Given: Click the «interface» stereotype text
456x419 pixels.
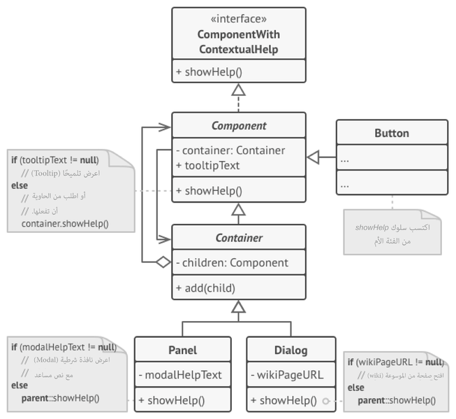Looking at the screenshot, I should pyautogui.click(x=238, y=19).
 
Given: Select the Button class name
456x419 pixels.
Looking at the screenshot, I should pyautogui.click(x=391, y=133).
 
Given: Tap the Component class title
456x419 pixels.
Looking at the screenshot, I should pyautogui.click(x=238, y=126).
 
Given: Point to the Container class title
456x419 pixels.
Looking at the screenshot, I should pyautogui.click(x=238, y=238).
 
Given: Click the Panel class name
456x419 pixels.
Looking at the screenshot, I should pyautogui.click(x=182, y=350).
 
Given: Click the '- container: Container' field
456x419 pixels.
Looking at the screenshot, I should pyautogui.click(x=230, y=150).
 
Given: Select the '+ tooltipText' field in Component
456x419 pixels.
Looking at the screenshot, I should pyautogui.click(x=208, y=165).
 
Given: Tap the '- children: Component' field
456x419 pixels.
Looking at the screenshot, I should pyautogui.click(x=232, y=263).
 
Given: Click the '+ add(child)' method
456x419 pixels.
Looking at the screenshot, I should pyautogui.click(x=205, y=287).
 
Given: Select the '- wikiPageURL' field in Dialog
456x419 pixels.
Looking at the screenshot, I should pyautogui.click(x=287, y=375).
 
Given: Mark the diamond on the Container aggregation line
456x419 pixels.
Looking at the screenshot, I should pyautogui.click(x=163, y=262).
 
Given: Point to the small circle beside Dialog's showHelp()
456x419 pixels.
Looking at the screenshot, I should pyautogui.click(x=325, y=402).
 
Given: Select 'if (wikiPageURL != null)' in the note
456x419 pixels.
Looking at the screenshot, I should pyautogui.click(x=395, y=362).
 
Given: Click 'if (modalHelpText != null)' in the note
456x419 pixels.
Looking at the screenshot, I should pyautogui.click(x=63, y=347).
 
